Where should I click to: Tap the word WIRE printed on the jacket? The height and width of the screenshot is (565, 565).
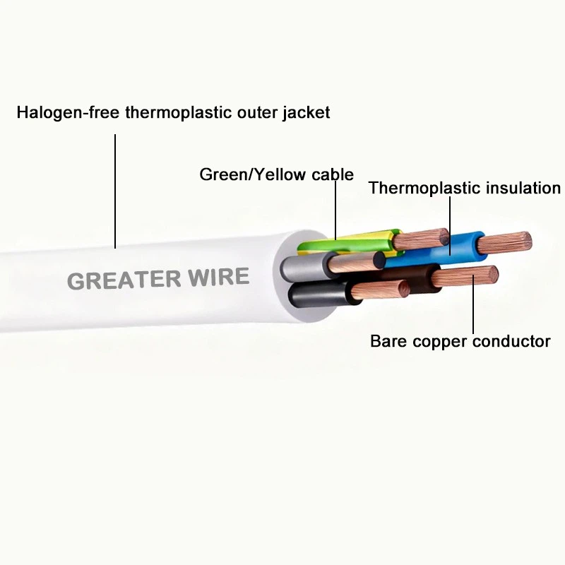pos(219,277)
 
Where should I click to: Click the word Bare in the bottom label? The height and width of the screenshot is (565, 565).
pos(388,341)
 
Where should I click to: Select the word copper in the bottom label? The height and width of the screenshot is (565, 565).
pos(439,342)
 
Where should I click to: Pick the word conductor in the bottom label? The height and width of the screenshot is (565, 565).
pos(511,341)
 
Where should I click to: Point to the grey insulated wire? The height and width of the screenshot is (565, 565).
pos(307,268)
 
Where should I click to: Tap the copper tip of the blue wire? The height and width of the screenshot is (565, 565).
pos(504,243)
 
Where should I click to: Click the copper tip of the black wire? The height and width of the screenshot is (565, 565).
pos(381,290)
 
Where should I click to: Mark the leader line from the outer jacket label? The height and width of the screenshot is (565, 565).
pos(115,191)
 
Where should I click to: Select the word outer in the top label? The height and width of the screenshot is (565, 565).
pos(257,113)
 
